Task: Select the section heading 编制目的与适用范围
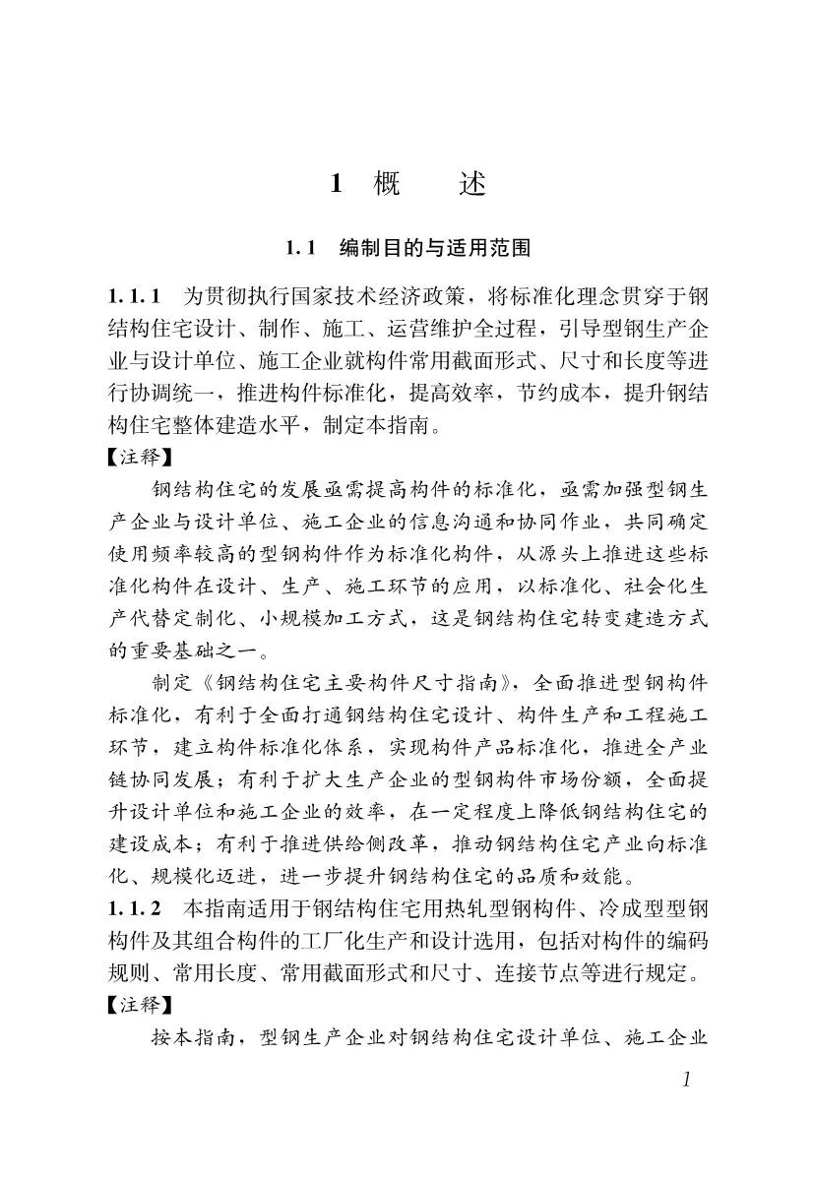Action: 434,248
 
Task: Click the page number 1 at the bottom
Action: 686,1080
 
